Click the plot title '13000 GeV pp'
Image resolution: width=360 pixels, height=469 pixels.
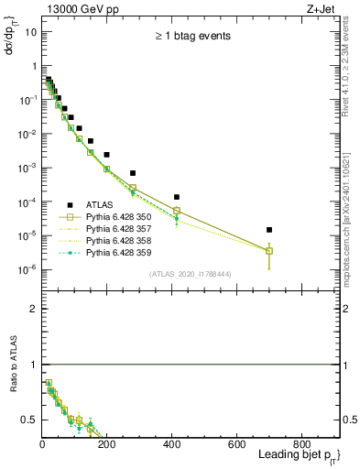tap(78, 8)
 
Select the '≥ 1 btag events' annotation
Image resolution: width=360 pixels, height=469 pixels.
tap(191, 37)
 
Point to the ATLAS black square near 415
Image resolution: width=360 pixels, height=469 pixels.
tap(177, 197)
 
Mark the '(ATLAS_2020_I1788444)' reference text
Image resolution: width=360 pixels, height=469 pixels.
tap(191, 274)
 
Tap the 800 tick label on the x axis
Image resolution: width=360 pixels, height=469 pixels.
tap(301, 443)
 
